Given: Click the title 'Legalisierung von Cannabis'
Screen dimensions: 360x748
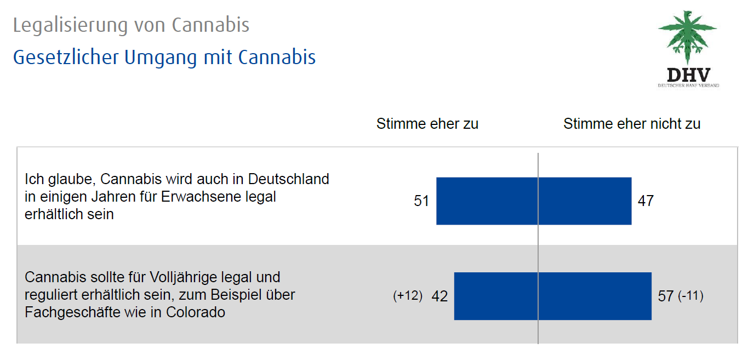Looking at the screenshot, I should click(131, 25).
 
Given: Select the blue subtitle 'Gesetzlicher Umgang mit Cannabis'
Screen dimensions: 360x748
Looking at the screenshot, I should click(164, 57).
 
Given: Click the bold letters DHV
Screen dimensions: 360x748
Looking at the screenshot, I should click(688, 75).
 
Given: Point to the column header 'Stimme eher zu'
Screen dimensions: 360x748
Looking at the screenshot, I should click(427, 124).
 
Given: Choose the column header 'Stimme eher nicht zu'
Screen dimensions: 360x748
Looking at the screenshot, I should click(632, 124).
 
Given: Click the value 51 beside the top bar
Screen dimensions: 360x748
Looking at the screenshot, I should click(421, 201).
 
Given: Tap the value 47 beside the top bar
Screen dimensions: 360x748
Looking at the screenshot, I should click(646, 201).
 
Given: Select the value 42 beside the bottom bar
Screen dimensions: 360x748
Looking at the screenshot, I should click(439, 296).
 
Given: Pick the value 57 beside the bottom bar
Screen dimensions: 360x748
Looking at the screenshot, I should click(665, 296).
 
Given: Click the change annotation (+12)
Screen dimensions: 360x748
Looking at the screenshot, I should click(408, 296).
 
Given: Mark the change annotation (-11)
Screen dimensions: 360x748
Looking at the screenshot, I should click(690, 296).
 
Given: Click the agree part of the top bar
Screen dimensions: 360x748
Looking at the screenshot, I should click(487, 201).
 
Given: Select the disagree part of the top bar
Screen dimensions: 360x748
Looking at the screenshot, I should click(585, 201).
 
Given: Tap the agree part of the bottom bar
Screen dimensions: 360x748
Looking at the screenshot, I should click(496, 296).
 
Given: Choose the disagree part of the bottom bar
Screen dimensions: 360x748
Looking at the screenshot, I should click(595, 296).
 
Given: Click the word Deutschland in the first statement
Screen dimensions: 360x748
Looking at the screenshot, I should click(289, 179).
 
